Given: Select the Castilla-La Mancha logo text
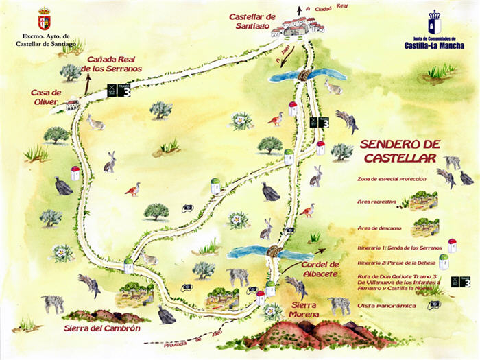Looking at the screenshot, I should click(434, 43).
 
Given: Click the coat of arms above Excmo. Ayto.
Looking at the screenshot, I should click(44, 18).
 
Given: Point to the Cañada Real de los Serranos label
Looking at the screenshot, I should click(111, 64).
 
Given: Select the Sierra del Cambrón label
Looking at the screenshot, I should click(101, 328).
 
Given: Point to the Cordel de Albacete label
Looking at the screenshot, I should click(320, 269).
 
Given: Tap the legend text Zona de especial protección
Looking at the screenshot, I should click(392, 179).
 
